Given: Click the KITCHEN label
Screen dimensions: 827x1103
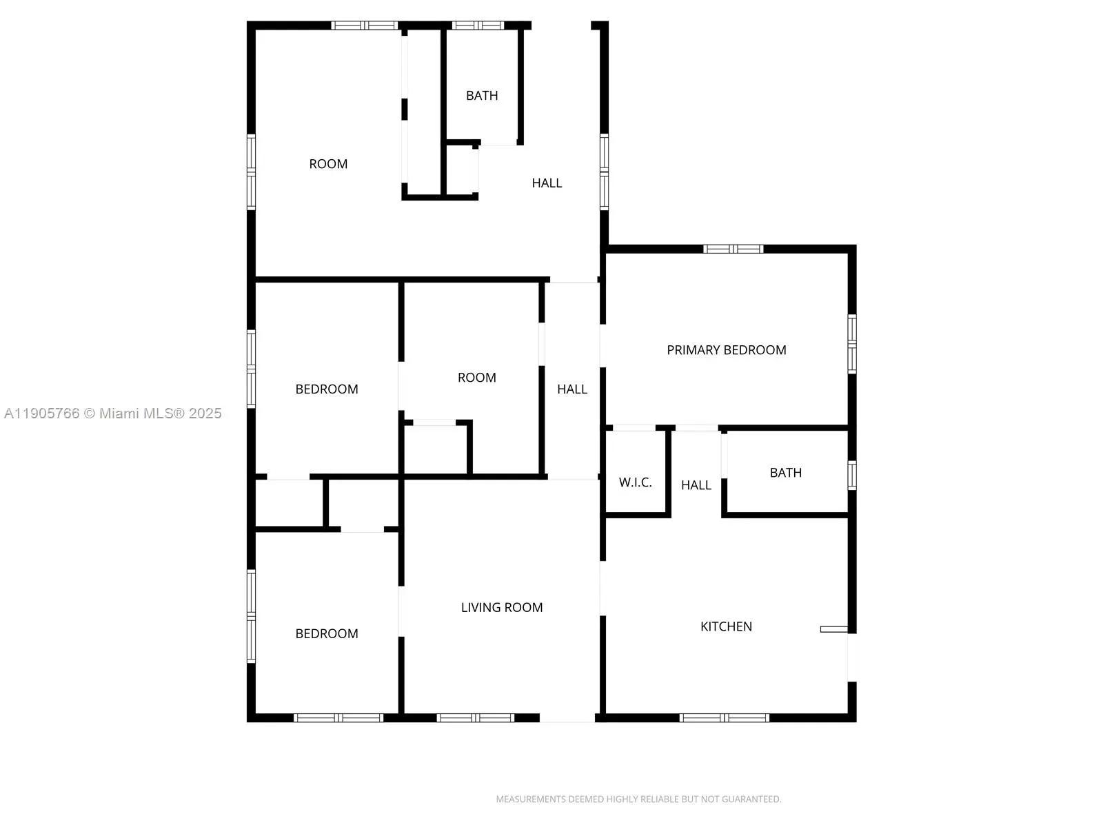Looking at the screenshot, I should (x=726, y=626).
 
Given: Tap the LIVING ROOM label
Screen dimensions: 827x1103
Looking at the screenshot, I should (x=502, y=607).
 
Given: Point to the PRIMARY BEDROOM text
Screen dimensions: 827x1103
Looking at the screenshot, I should (x=726, y=350).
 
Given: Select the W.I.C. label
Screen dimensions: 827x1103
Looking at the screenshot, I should (x=635, y=482).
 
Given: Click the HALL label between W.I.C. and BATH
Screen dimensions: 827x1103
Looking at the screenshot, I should (x=696, y=485).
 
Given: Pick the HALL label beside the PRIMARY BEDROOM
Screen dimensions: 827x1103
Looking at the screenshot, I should (x=572, y=389).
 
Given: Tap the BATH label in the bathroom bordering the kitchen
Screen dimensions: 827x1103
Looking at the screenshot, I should (x=785, y=473).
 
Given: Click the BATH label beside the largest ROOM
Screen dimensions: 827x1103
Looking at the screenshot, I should (x=482, y=96).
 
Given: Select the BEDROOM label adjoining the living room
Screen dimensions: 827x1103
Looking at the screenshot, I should (x=327, y=633).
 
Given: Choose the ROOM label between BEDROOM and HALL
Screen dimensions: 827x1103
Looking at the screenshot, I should (x=477, y=378).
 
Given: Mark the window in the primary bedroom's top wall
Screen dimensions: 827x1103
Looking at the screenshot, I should (x=733, y=249).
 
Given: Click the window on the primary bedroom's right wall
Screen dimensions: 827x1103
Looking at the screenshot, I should (x=852, y=344).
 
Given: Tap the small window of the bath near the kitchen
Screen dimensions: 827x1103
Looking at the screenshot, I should (x=852, y=475).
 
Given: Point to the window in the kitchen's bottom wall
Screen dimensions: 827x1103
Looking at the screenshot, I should (x=724, y=717).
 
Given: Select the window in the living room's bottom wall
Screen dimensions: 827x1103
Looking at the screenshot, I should (x=476, y=717).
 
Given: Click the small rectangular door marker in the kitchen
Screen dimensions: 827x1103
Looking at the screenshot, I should (x=833, y=629).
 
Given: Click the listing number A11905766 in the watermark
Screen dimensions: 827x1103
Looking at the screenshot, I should (x=42, y=413).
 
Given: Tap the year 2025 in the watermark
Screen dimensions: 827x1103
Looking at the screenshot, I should (x=205, y=413).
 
